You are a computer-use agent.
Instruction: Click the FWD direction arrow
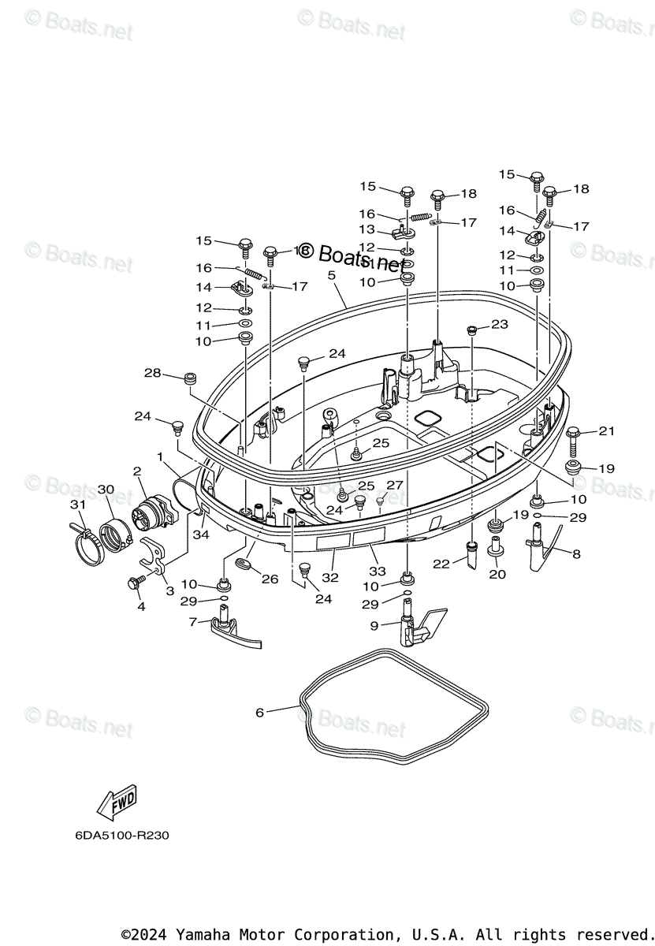click(x=117, y=803)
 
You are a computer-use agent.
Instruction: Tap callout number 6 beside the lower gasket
click(x=259, y=712)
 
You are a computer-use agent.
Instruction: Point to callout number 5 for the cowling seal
click(x=332, y=275)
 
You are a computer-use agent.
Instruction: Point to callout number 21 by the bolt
click(x=606, y=430)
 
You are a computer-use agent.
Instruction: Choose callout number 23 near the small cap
click(x=500, y=324)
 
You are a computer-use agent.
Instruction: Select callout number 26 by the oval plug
click(x=270, y=579)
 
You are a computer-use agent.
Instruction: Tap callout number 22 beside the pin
click(x=441, y=564)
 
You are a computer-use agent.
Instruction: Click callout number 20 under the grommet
click(x=497, y=574)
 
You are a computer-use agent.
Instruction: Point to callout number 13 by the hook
click(x=368, y=229)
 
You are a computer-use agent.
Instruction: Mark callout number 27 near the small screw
click(x=395, y=485)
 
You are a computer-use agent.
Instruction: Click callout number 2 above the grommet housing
click(x=137, y=471)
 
